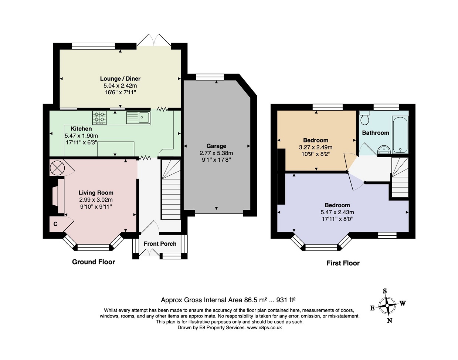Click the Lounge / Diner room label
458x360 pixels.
point(120,79)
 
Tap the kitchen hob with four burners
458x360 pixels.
point(99,118)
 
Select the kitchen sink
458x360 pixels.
point(139,118)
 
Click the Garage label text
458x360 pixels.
point(216,146)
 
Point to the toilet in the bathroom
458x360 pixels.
point(364,117)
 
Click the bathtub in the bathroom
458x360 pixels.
point(400,135)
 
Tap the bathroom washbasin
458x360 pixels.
point(384,149)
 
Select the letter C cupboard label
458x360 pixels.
point(55,224)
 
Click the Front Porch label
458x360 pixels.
point(160,243)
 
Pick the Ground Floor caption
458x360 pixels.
point(94,262)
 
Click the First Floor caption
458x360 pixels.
point(343,263)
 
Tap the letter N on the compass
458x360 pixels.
point(390,321)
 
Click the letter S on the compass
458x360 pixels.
point(385,291)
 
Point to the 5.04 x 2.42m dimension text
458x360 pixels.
point(120,85)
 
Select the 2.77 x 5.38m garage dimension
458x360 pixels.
point(216,153)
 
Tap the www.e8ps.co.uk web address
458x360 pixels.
point(264,327)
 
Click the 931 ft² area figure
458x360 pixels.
point(286,300)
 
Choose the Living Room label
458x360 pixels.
point(96,192)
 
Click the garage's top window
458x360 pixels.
point(210,77)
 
